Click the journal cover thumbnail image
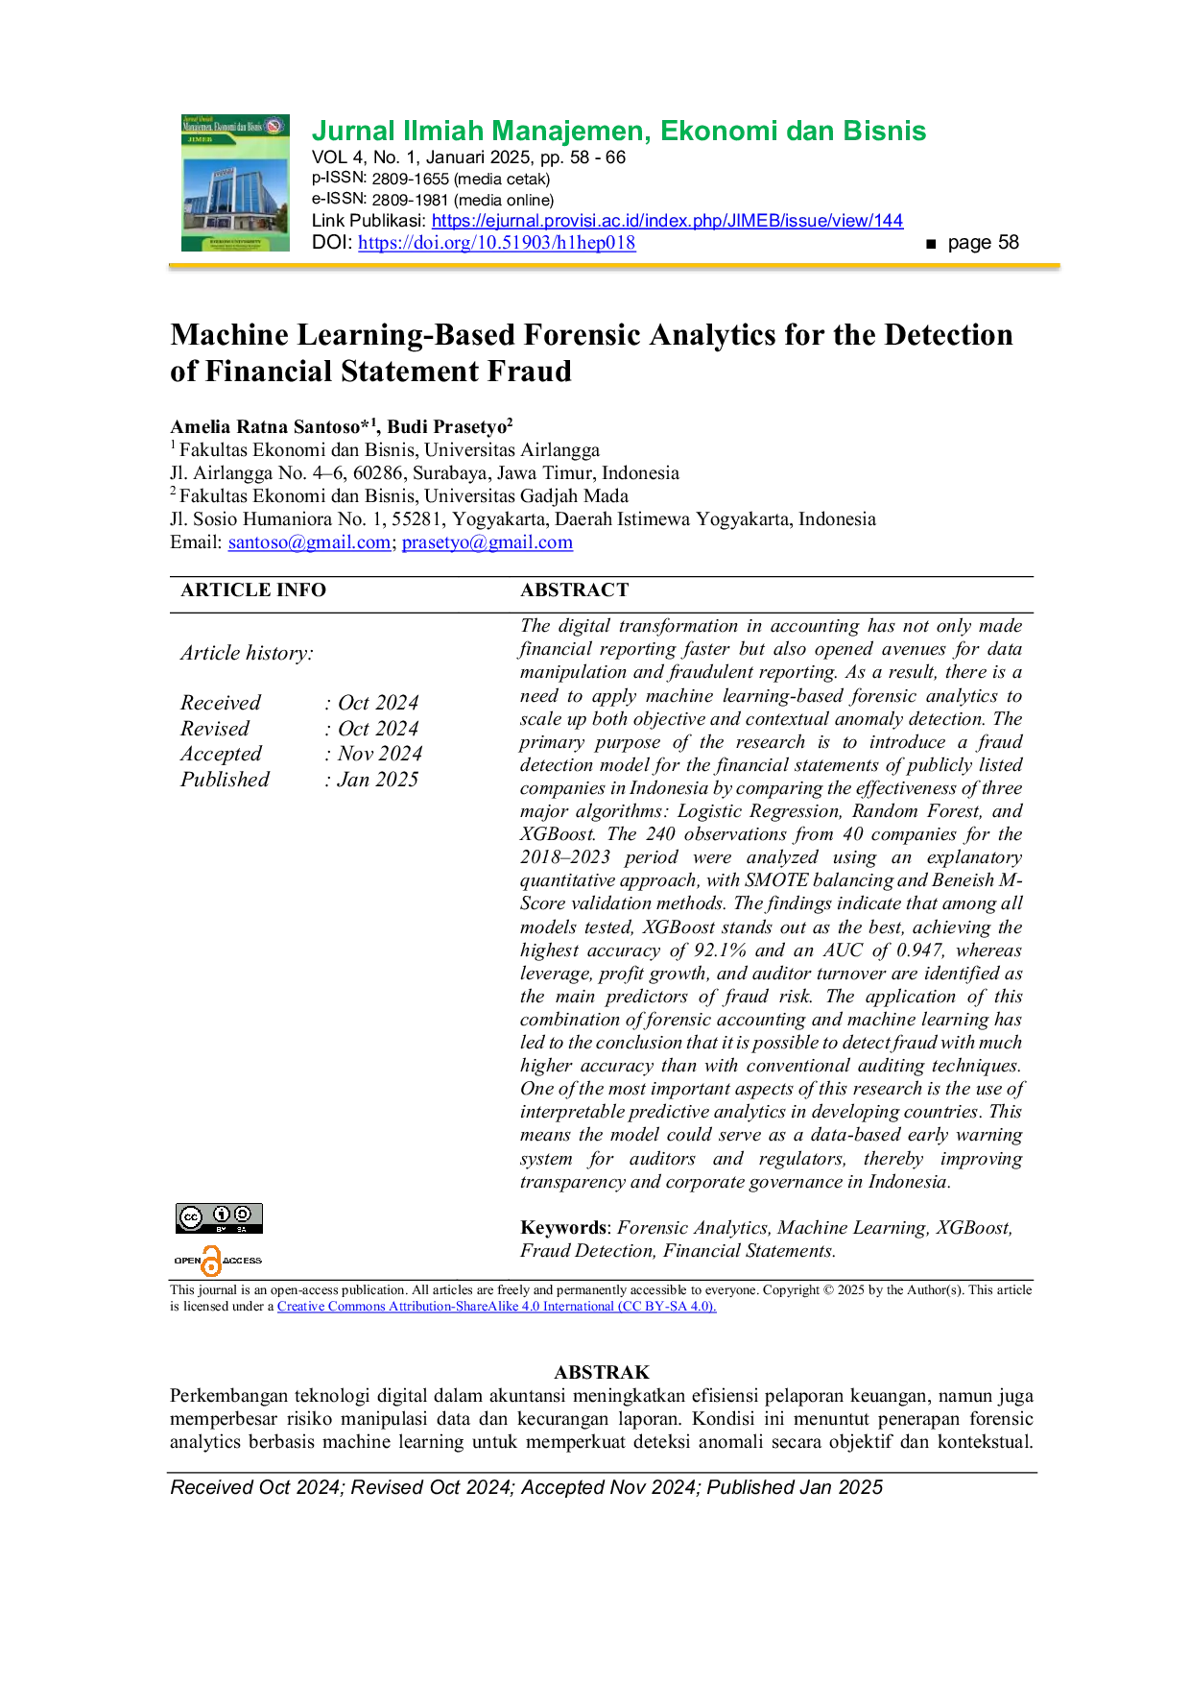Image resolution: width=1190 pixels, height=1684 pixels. coord(235,182)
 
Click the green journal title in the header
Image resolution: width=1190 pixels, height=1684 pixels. coord(619,131)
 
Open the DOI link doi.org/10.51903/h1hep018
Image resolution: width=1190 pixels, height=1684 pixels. coord(497,243)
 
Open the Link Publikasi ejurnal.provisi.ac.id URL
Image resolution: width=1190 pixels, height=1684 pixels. coord(667,221)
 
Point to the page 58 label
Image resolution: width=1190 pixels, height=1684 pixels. coord(983,243)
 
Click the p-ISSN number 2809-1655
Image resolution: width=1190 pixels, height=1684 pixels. coord(410,179)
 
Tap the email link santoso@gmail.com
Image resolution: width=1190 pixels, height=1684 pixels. coord(309,542)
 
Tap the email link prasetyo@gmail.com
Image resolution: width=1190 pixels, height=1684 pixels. coord(488,542)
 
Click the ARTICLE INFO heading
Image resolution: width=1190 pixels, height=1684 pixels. coord(253,590)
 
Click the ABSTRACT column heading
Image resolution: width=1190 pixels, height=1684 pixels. coord(575,590)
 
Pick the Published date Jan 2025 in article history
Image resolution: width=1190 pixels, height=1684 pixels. coord(378,780)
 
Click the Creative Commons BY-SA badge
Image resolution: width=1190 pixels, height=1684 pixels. coord(219,1218)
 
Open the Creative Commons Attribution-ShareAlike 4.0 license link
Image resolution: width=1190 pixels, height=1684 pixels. coord(497,1307)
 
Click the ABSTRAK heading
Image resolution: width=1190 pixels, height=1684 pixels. coord(602,1373)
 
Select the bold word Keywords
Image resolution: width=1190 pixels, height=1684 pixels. coord(563,1228)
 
